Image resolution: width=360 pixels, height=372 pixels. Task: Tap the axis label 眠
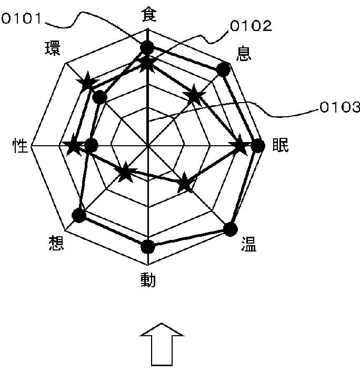pos(280,146)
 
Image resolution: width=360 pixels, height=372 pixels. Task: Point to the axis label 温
pos(248,244)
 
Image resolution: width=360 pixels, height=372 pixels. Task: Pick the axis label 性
pos(20,146)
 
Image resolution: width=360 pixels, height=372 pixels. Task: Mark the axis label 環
pos(53,48)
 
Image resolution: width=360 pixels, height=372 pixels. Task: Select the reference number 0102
pos(251,26)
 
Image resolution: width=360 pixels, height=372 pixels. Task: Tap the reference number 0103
pos(339,108)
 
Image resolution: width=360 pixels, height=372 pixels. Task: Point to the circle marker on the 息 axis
pos(223,69)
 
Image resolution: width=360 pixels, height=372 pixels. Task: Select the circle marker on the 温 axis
pos(230,229)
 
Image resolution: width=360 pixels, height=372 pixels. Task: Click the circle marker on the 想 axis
pos(79,215)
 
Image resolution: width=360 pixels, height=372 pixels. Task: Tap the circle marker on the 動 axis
pos(148,246)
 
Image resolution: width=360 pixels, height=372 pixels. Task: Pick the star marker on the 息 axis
pos(194,96)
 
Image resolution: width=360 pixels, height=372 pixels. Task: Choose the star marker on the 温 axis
pos(184,184)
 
